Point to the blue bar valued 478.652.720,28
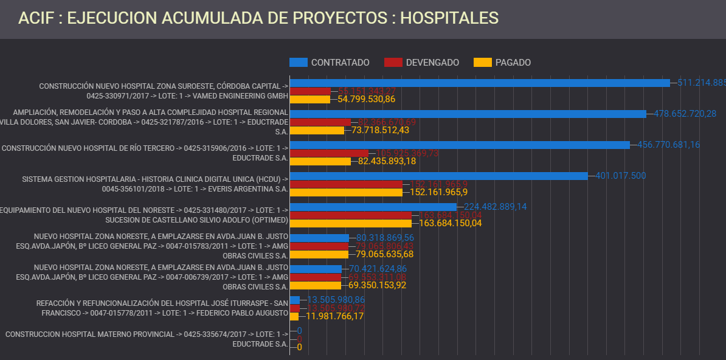(468, 114)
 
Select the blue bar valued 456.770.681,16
(459, 145)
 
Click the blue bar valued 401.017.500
(438, 176)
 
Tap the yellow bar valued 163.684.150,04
(350, 223)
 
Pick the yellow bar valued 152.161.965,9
(345, 192)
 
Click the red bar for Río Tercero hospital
(329, 153)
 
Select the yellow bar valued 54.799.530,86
(309, 99)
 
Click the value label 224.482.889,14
(495, 207)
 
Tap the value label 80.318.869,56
(385, 238)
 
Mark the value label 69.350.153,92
(377, 285)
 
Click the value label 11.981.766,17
(334, 316)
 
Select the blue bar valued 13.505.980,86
(295, 300)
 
